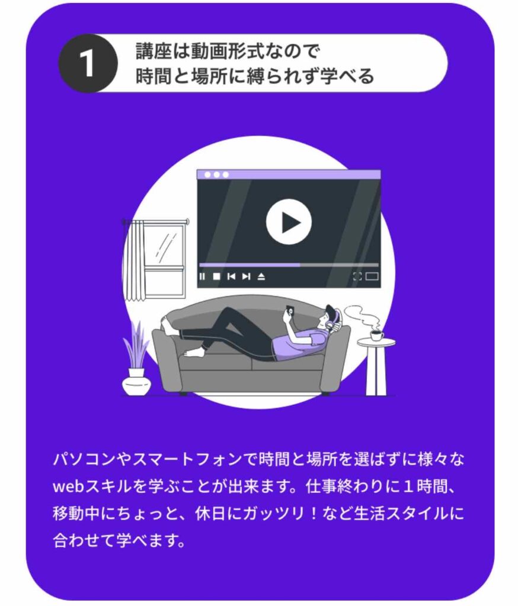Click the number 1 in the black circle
click(87, 63)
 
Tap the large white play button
click(289, 223)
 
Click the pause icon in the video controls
click(202, 276)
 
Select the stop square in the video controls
click(217, 276)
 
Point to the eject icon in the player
click(261, 276)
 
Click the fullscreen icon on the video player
click(357, 276)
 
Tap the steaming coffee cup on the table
click(377, 336)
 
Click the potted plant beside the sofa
click(136, 361)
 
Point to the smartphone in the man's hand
click(290, 310)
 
